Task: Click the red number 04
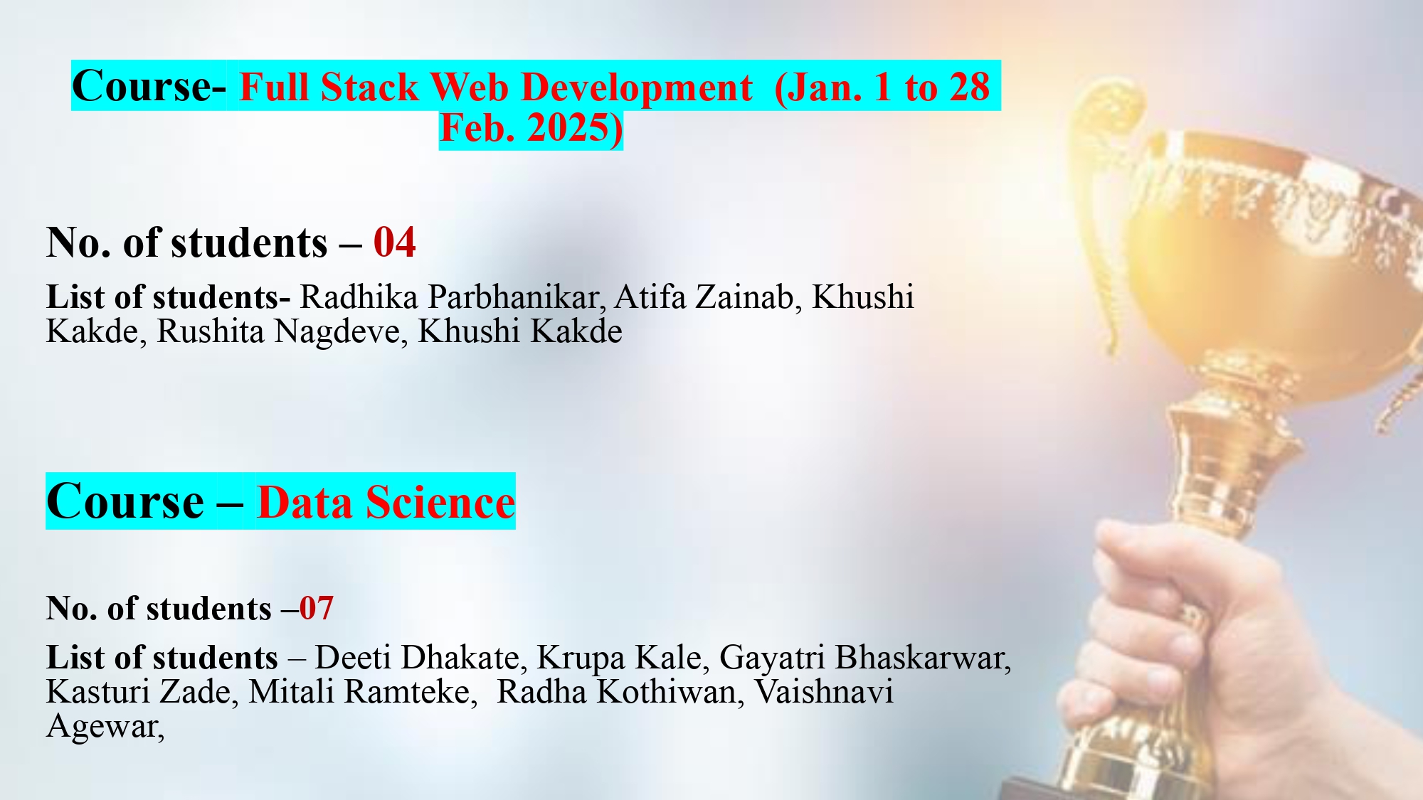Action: [395, 242]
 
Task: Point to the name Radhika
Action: [359, 297]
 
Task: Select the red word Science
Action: [440, 503]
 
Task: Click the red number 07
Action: [316, 609]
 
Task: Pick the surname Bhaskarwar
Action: [924, 658]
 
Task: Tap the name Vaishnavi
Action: [824, 692]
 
